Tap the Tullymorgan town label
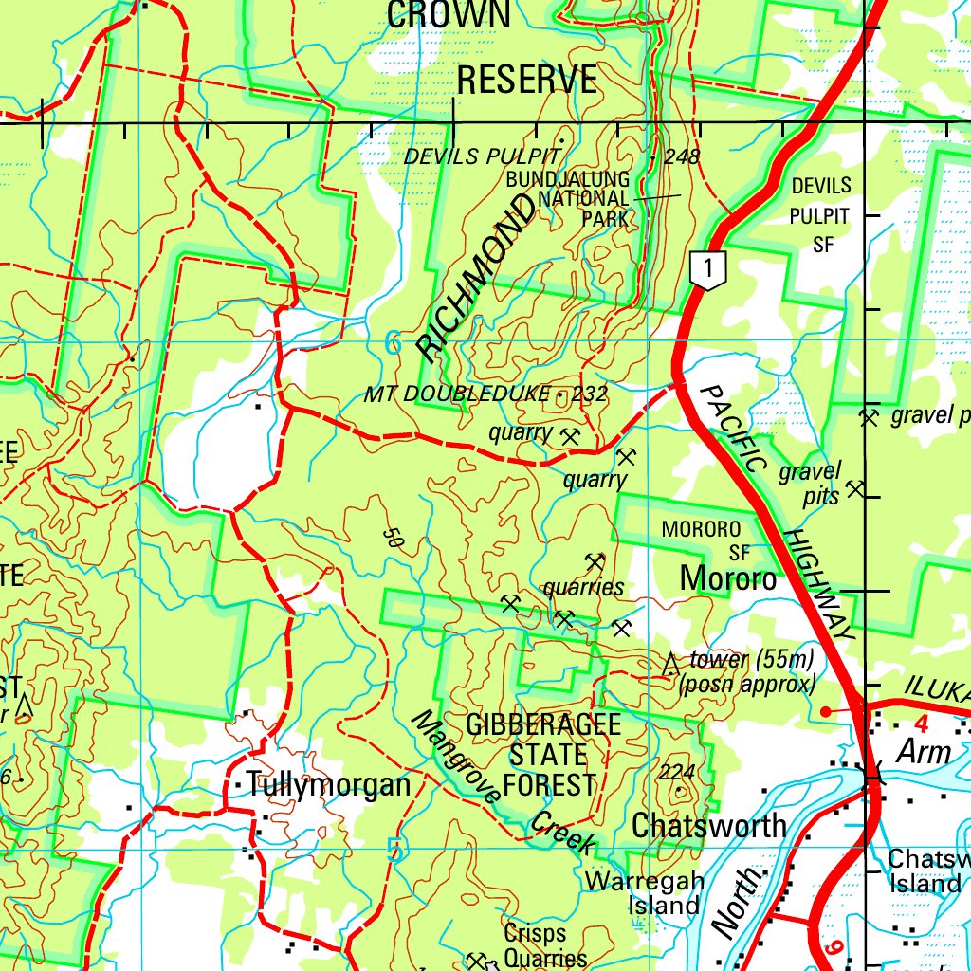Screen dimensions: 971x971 point(328,785)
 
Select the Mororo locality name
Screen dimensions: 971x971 point(728,577)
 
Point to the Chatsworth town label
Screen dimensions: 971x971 point(709,825)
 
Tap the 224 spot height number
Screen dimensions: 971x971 point(677,773)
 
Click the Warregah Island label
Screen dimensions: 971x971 point(645,893)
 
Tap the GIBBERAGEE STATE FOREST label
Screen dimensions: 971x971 point(544,755)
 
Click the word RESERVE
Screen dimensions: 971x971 point(527,81)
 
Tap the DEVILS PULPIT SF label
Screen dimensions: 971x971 point(821,214)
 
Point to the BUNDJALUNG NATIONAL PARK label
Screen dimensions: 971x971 point(580,198)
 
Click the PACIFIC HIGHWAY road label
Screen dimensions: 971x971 point(778,512)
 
